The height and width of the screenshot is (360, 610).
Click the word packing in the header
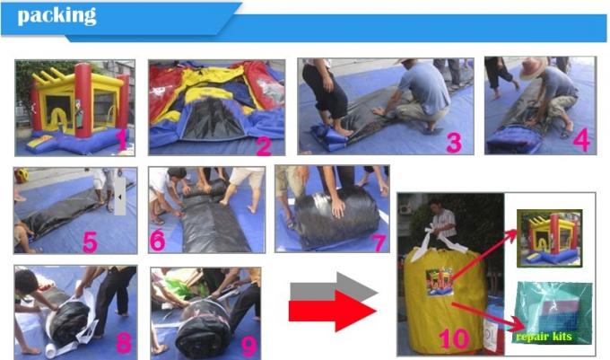coord(57,16)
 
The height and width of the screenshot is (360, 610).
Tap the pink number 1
coord(123,140)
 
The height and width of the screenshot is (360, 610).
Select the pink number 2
coord(264,145)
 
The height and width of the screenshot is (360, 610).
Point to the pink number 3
coord(454,142)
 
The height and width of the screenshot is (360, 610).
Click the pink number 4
coord(582,140)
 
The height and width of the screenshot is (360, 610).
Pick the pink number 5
coord(90,242)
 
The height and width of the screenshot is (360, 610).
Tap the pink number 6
coord(158,240)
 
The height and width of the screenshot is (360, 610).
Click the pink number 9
coord(249,346)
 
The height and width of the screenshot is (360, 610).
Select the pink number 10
coord(454,338)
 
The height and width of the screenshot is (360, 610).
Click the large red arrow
coord(333,311)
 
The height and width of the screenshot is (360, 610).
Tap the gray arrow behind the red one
coord(334,286)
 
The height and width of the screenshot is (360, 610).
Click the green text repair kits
coord(544,337)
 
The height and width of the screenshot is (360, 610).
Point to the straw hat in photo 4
coord(534,67)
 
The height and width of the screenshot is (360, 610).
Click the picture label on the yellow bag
coord(440,281)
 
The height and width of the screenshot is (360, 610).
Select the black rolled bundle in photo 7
coord(335,216)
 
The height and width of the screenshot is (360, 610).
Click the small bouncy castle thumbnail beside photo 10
coord(549,239)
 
